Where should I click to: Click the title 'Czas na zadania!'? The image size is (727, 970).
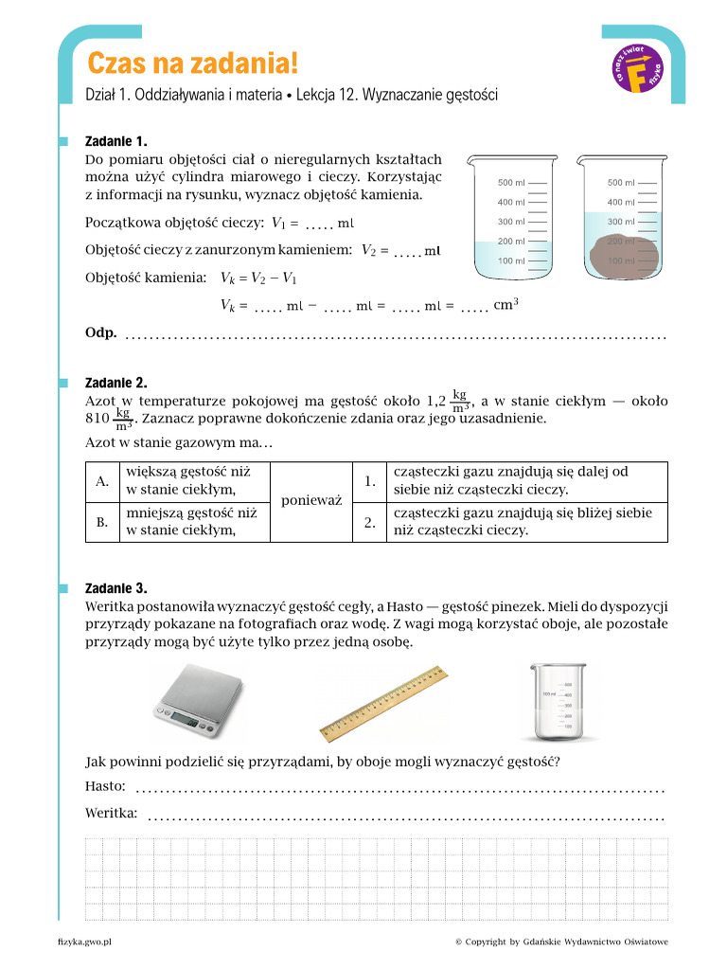click(x=192, y=63)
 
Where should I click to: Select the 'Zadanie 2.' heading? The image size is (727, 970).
click(x=115, y=383)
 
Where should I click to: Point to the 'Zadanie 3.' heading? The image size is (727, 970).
click(x=115, y=587)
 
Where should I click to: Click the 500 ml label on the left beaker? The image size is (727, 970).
click(x=511, y=182)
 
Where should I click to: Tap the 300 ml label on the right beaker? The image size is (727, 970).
click(x=621, y=222)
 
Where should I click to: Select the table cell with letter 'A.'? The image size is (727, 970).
click(x=102, y=481)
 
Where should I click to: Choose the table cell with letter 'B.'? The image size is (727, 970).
click(x=102, y=521)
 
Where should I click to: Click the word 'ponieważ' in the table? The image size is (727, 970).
click(x=310, y=501)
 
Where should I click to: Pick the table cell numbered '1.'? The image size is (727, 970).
click(x=369, y=481)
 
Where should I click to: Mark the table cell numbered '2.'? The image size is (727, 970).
click(x=369, y=521)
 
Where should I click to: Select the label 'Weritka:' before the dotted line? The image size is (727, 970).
click(x=112, y=813)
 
